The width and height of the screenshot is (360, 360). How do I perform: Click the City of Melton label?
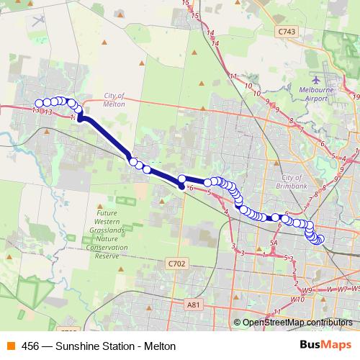click(114, 100)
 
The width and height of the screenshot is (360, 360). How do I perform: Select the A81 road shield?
click(192, 305)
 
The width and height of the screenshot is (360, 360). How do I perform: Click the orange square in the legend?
click(10, 346)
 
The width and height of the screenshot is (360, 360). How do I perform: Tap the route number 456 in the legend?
click(30, 346)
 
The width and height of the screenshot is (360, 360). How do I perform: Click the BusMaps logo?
click(325, 346)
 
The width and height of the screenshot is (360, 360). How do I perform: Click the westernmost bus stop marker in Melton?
click(39, 103)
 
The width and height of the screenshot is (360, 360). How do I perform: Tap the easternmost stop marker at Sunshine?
click(320, 240)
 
